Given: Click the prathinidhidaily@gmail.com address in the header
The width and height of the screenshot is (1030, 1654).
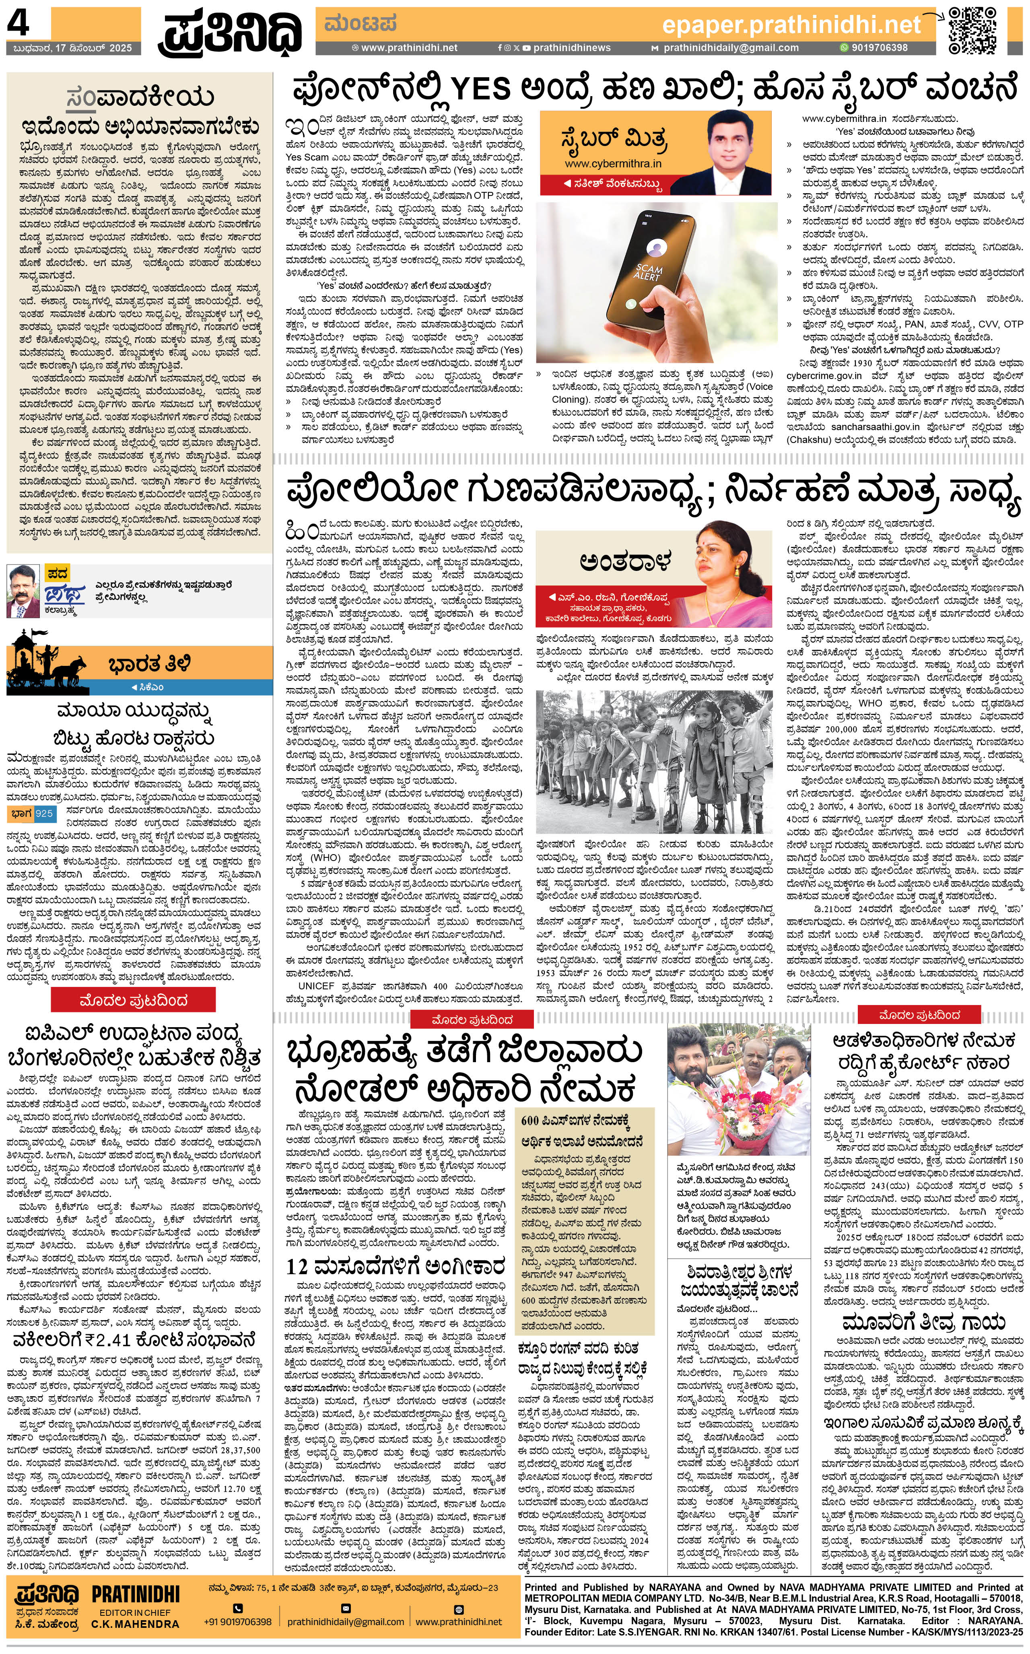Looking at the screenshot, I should pyautogui.click(x=730, y=48).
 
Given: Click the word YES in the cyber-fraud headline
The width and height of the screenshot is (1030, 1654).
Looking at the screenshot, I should pyautogui.click(x=481, y=90).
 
